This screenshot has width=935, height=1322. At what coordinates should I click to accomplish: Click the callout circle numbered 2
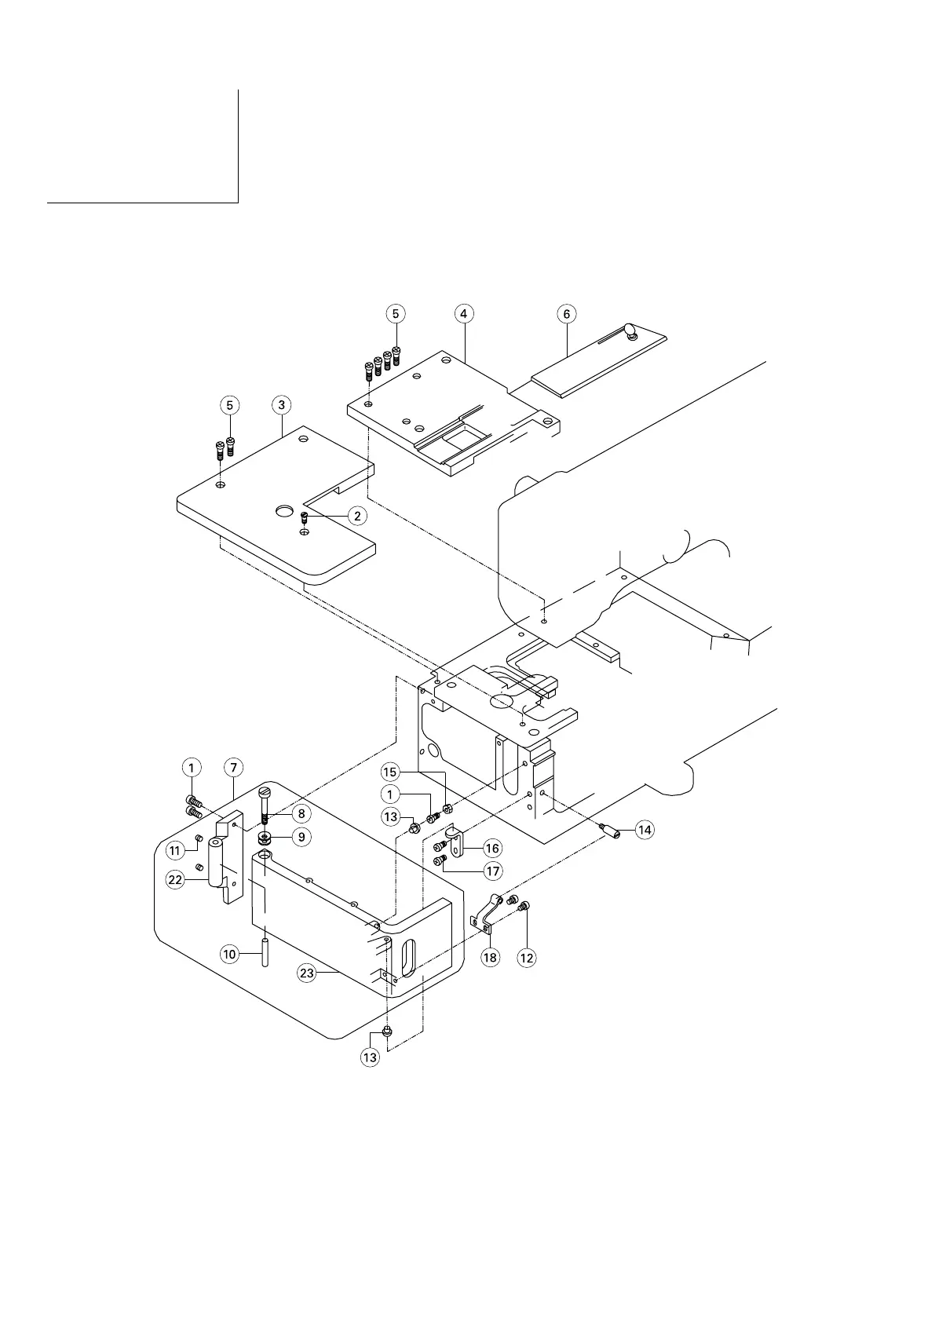click(357, 516)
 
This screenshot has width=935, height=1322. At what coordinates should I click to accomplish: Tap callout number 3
click(281, 405)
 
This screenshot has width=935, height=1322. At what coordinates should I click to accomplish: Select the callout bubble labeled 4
click(464, 313)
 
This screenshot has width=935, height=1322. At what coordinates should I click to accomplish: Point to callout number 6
click(566, 313)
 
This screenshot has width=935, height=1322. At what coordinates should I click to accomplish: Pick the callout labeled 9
click(300, 837)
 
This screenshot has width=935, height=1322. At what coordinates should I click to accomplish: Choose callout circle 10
click(229, 955)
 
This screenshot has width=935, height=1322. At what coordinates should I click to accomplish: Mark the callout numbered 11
click(175, 849)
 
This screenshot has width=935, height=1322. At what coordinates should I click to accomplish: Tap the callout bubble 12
click(527, 958)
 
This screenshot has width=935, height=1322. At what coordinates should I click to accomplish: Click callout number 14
click(645, 830)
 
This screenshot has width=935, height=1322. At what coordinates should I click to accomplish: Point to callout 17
click(492, 871)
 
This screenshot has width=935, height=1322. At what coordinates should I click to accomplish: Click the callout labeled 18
click(491, 958)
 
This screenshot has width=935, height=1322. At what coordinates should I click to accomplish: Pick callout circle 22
click(175, 880)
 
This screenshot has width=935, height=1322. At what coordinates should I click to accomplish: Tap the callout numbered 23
click(307, 973)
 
